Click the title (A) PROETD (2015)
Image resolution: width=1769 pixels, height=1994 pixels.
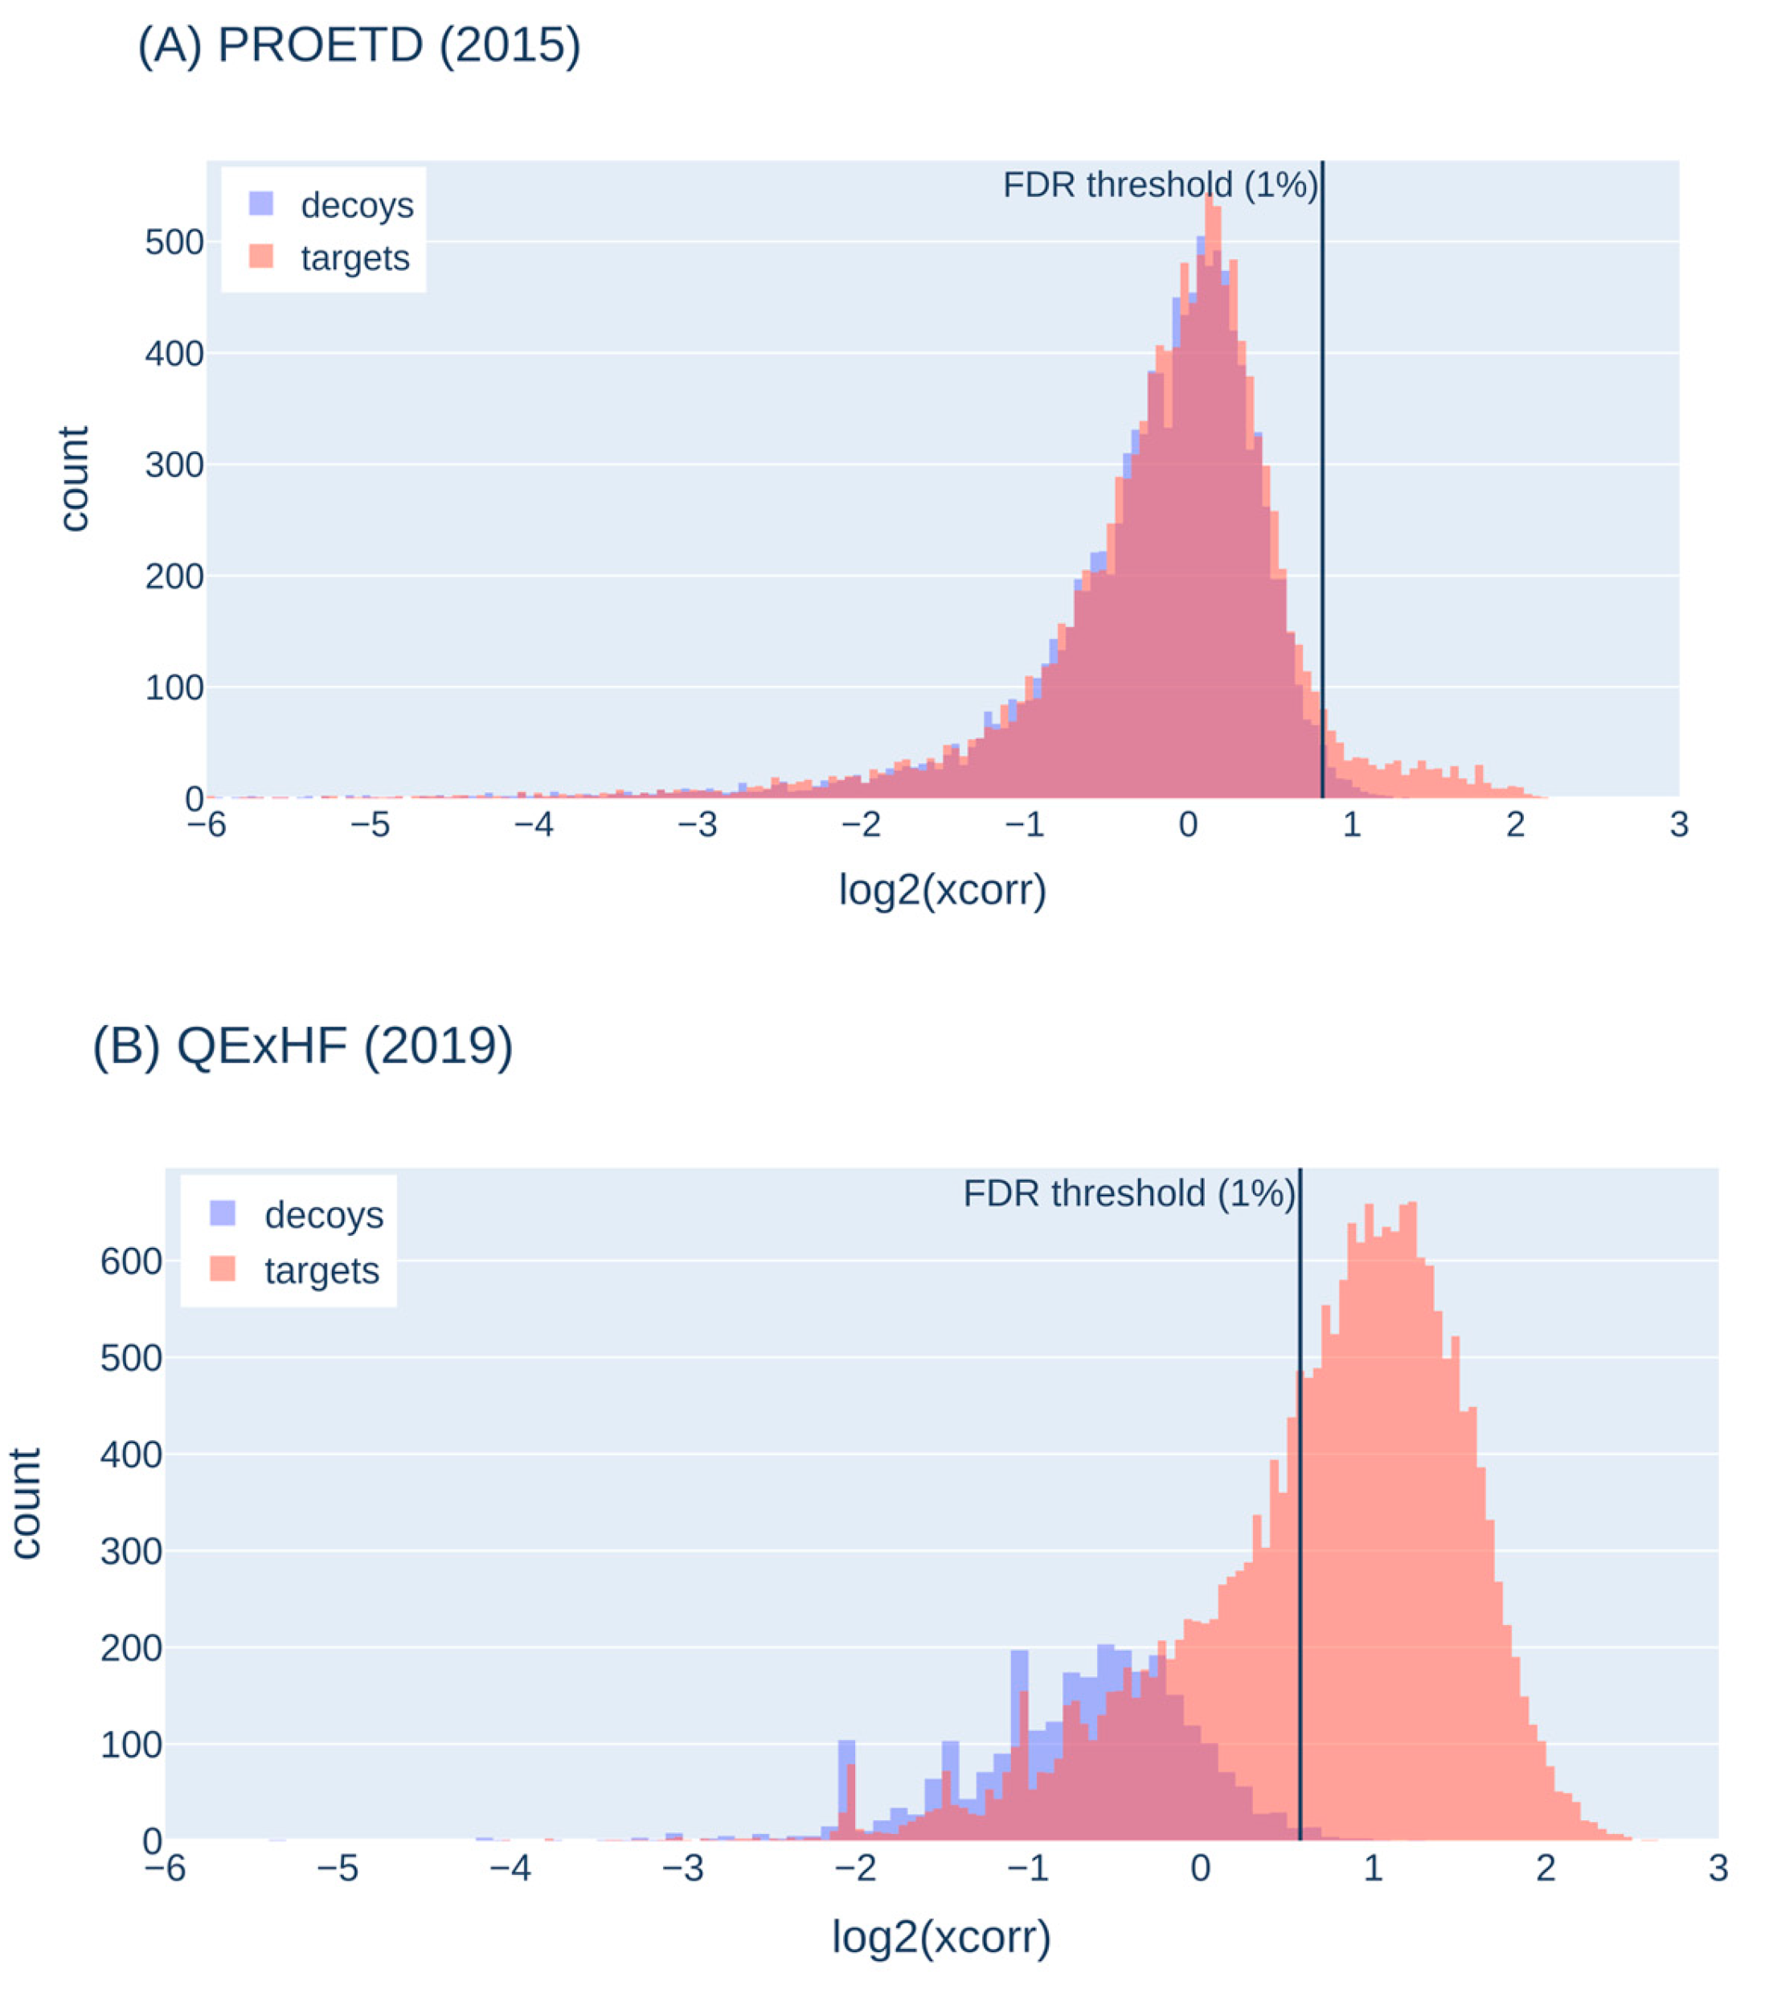(359, 46)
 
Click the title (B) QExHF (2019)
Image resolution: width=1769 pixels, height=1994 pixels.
(302, 1047)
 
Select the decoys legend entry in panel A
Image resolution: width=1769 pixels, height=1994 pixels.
(332, 205)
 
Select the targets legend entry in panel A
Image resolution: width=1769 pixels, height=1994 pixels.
(332, 259)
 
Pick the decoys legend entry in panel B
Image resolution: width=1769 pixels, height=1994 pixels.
(297, 1215)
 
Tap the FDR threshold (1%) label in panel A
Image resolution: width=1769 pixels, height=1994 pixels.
(1160, 184)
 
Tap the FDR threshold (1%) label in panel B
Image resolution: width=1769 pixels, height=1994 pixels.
(1128, 1193)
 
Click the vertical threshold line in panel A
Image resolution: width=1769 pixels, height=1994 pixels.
(1322, 488)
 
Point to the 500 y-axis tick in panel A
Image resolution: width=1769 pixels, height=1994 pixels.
(174, 242)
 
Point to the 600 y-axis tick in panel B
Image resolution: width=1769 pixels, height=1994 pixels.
(131, 1262)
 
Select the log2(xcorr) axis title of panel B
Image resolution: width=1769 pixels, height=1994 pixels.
(941, 1936)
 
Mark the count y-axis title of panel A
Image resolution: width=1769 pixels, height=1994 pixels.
(74, 478)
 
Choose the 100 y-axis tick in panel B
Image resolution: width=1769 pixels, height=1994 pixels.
(131, 1744)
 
